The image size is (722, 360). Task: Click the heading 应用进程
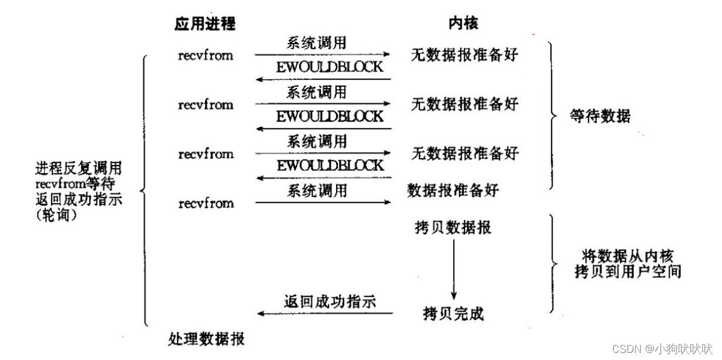(x=204, y=23)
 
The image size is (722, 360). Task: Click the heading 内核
(x=464, y=23)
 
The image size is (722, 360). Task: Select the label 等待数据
(x=599, y=116)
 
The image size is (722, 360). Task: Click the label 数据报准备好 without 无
(x=453, y=191)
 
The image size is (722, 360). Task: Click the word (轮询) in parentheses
(x=56, y=215)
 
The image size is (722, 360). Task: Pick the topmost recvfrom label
(x=206, y=56)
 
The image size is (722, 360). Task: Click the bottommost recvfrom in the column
(x=206, y=203)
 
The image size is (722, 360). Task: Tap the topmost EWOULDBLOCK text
(x=330, y=66)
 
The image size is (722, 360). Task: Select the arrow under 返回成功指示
(x=324, y=314)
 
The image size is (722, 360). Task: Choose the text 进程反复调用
(x=78, y=169)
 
